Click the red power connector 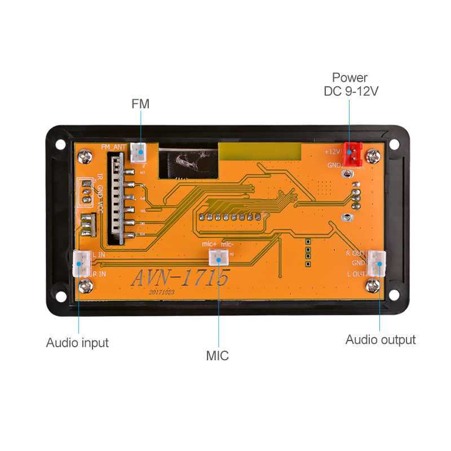[x=353, y=153]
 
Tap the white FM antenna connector [x=138, y=151]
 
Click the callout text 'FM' [x=140, y=104]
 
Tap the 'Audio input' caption [x=77, y=343]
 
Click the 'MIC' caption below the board [x=217, y=356]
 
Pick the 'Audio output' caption [x=380, y=339]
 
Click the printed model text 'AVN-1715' [x=180, y=278]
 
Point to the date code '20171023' [x=162, y=293]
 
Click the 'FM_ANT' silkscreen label [x=114, y=147]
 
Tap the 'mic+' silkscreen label [x=209, y=245]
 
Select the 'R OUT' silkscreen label [x=356, y=253]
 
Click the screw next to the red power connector [x=373, y=155]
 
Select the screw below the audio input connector [x=85, y=286]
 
